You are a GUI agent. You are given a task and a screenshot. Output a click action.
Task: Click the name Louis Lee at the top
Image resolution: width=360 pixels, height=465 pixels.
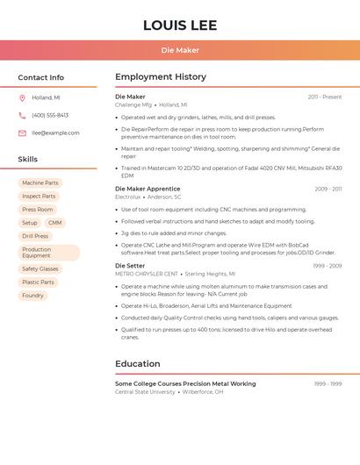(x=180, y=25)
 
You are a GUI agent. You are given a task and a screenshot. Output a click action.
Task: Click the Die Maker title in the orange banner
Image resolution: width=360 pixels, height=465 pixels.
(x=180, y=51)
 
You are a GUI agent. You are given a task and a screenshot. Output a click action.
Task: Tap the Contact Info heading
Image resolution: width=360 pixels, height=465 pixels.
(x=41, y=77)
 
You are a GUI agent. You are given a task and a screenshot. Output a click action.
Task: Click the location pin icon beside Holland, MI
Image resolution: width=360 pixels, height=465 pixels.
(x=22, y=98)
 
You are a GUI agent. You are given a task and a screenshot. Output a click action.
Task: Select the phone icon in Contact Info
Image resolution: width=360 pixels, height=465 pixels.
(x=22, y=116)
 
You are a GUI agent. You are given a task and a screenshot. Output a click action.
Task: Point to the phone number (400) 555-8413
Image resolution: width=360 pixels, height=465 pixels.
(x=50, y=116)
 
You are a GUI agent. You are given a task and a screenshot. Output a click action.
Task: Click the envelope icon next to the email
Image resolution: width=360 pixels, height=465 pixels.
(x=22, y=133)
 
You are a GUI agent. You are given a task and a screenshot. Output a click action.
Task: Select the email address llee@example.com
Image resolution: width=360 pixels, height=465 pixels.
(x=55, y=133)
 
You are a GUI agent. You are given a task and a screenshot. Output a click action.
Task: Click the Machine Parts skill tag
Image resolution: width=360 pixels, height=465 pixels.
(x=40, y=183)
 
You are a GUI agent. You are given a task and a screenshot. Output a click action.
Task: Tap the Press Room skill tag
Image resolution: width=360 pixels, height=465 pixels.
(x=38, y=210)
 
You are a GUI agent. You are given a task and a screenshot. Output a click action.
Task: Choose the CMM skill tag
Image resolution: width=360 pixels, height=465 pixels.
(x=55, y=223)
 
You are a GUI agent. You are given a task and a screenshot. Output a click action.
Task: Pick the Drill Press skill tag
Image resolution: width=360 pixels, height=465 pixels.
(x=35, y=236)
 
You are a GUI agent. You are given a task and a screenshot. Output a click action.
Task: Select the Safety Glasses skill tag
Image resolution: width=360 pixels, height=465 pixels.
(x=40, y=269)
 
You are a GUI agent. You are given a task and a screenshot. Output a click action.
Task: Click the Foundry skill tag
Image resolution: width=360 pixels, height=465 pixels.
(x=32, y=296)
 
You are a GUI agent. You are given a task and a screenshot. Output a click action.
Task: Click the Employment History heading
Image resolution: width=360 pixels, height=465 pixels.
(x=161, y=77)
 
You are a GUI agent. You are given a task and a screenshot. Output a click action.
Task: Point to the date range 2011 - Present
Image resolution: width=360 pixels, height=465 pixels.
(x=325, y=97)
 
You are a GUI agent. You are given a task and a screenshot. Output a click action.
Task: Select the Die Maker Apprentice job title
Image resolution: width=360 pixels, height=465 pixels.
(x=148, y=189)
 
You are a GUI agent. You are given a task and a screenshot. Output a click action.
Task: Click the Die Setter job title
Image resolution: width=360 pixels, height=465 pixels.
(x=130, y=265)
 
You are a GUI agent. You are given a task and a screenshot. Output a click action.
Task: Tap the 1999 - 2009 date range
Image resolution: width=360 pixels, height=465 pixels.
(x=328, y=265)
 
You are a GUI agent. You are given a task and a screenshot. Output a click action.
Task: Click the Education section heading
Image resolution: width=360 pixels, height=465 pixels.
(x=138, y=364)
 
